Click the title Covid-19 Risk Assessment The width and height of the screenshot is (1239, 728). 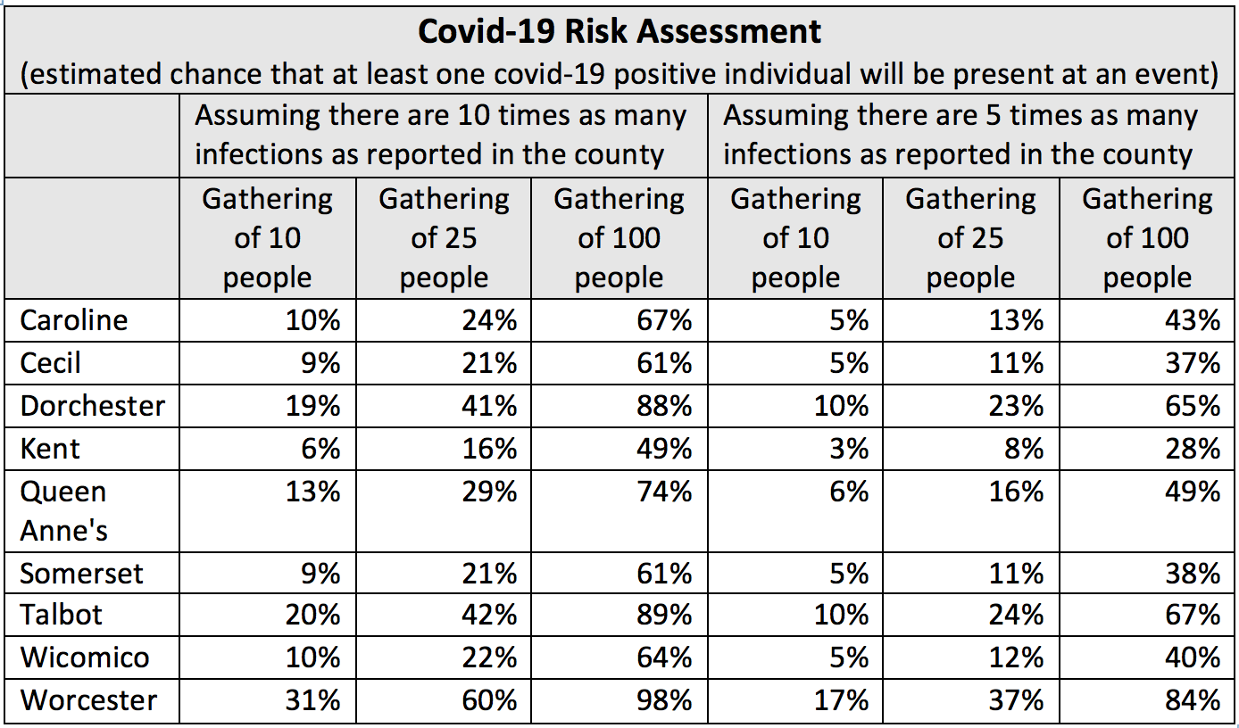point(619,31)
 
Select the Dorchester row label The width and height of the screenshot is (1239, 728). point(92,406)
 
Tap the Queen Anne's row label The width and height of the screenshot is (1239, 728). point(63,511)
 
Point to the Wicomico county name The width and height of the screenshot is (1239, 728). point(85,658)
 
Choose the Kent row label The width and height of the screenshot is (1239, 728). point(50,448)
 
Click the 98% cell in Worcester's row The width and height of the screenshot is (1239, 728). point(664,699)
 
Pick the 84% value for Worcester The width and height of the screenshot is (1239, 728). point(1193,699)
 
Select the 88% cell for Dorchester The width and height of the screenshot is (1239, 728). point(664,406)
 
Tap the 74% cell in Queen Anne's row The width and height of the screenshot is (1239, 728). point(664,492)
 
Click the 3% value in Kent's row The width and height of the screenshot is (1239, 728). point(849,448)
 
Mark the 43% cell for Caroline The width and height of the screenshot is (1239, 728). point(1193,320)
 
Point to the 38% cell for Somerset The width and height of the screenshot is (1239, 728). point(1193,574)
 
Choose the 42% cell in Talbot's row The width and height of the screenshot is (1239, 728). point(489,615)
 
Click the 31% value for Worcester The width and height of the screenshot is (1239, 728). point(312,699)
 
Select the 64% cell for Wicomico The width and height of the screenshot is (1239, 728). point(664,658)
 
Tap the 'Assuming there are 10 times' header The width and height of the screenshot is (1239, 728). point(440,135)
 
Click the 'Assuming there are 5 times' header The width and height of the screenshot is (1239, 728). point(960,135)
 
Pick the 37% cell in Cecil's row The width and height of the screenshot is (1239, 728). point(1193,363)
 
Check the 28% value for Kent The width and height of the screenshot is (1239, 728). point(1193,448)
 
